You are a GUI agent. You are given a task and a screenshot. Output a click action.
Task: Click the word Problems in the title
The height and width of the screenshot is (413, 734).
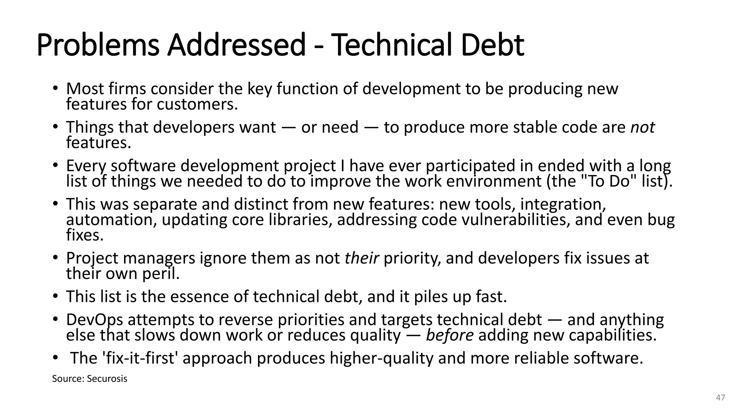(98, 45)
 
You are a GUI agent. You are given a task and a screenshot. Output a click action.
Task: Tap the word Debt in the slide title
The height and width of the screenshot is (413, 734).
(492, 45)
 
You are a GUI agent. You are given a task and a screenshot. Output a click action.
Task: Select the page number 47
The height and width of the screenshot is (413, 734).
(720, 397)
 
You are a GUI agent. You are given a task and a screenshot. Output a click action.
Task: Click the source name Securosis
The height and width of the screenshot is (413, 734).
(107, 379)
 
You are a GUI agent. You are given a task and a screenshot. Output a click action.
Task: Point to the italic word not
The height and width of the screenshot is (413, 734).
(642, 127)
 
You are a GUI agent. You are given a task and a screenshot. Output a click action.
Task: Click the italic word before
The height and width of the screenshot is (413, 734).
(449, 335)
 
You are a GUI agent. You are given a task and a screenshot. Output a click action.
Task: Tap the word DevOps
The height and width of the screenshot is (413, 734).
(94, 320)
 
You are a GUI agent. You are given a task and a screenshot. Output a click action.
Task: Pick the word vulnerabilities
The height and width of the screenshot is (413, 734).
(515, 220)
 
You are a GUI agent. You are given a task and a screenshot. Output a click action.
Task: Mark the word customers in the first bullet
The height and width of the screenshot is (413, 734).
(197, 104)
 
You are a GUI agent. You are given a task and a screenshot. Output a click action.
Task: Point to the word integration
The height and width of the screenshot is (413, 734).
(563, 204)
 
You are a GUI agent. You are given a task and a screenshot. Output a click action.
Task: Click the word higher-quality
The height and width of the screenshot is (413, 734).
(381, 358)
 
